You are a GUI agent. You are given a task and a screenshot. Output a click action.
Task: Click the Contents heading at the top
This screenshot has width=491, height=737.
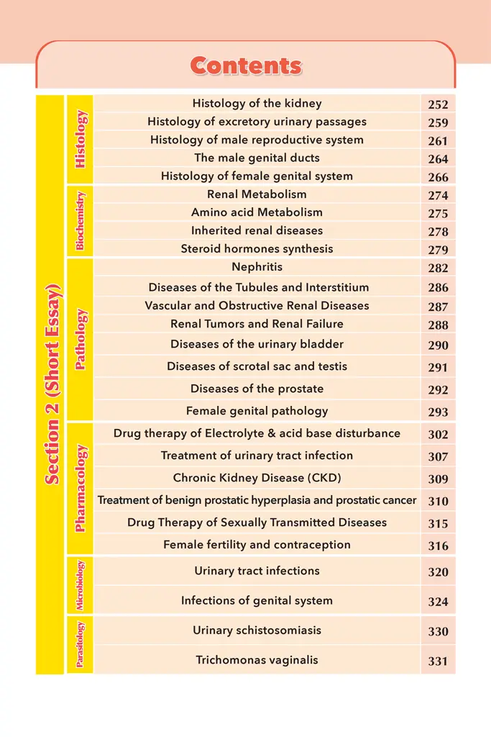[246, 66]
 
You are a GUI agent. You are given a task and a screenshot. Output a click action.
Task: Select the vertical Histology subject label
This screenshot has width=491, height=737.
[80, 140]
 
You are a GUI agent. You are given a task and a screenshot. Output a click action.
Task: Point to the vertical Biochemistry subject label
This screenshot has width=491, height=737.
[80, 222]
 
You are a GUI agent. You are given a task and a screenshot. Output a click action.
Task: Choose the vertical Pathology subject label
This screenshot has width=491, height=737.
[80, 339]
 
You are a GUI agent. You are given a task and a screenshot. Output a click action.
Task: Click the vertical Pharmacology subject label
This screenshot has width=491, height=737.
[80, 488]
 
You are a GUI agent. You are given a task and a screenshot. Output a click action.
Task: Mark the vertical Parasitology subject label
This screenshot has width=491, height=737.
[80, 644]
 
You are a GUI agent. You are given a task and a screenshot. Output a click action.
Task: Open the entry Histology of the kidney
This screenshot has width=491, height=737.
[257, 104]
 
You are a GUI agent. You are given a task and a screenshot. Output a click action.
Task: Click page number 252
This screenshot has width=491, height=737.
[438, 105]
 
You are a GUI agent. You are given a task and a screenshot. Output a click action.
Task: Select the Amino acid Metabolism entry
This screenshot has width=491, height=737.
[257, 212]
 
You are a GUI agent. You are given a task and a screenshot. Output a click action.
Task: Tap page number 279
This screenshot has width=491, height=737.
[438, 250]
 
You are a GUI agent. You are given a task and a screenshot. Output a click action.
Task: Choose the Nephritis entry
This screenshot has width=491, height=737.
[257, 267]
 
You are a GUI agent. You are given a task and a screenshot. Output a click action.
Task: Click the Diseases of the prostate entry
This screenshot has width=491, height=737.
[257, 389]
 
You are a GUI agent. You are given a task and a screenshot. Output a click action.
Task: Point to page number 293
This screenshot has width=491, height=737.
[438, 412]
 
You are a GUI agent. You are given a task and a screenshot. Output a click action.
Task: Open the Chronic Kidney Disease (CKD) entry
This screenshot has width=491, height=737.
[257, 478]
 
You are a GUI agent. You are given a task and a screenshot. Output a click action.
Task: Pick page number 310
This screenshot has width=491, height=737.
[438, 502]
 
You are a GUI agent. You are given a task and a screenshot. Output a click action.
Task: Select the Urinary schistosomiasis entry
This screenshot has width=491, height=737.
[257, 630]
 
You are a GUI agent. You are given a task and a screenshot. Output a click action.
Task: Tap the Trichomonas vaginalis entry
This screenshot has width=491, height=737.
[257, 660]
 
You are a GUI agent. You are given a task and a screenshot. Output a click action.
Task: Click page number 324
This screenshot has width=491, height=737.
[438, 602]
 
